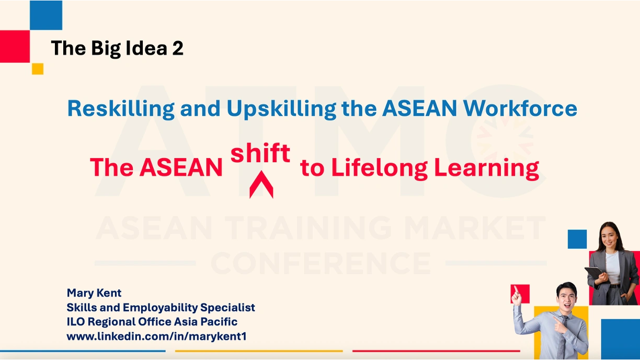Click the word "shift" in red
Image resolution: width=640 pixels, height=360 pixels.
[x=260, y=153]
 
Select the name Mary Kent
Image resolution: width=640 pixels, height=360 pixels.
[x=94, y=293]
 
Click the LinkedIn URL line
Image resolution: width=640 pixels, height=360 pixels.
[x=156, y=336]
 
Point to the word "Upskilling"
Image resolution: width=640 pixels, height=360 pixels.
[x=281, y=109]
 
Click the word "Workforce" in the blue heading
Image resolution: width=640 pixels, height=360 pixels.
[x=520, y=108]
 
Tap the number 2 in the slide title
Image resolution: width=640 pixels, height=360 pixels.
[x=177, y=48]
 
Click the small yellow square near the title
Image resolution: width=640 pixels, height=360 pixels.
[x=38, y=69]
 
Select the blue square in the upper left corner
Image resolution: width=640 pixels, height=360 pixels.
[x=46, y=15]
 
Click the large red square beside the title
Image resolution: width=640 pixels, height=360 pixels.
[x=15, y=47]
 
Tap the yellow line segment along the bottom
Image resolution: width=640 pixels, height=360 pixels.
[x=259, y=351]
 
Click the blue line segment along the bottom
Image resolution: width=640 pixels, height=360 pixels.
[x=83, y=351]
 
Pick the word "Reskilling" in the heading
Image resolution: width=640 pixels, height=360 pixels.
[x=121, y=109]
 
